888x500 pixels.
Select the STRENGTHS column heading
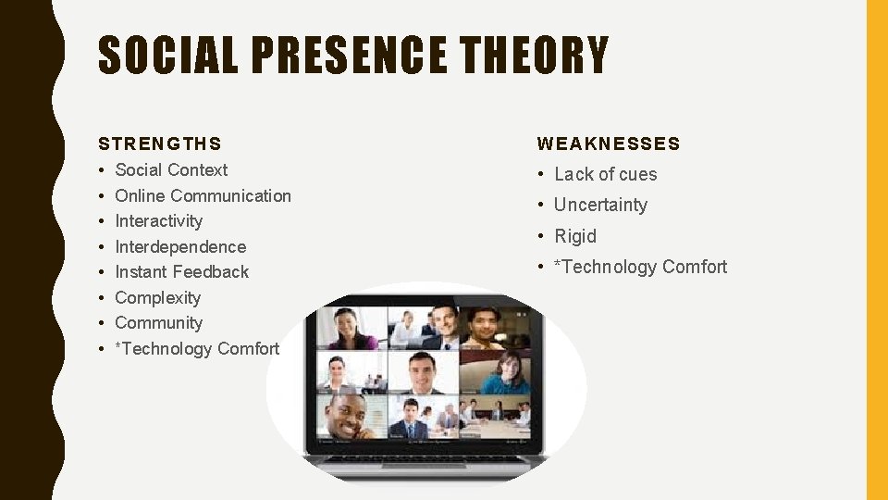coord(160,144)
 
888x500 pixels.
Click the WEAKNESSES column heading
coord(609,144)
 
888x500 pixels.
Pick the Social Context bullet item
coord(171,170)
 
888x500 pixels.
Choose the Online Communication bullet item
coord(203,196)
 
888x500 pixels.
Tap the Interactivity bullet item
coord(158,221)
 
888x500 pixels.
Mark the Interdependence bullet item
coord(180,247)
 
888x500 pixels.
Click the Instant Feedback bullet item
coord(181,272)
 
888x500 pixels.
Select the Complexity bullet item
coord(157,298)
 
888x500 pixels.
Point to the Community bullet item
coord(158,323)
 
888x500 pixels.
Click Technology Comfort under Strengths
coord(197,349)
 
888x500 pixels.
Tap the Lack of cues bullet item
coord(605,175)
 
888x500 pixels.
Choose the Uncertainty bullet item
coord(600,206)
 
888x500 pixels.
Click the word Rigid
coord(575,236)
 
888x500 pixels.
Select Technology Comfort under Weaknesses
coord(640,268)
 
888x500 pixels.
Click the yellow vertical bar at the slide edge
coord(876,250)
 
